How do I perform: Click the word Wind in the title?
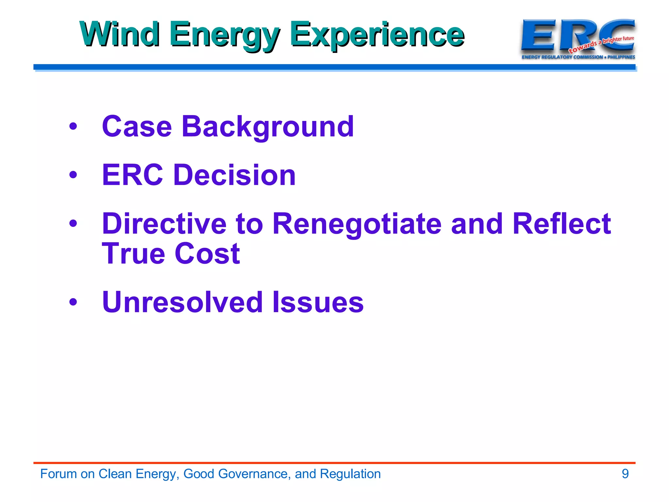pyautogui.click(x=120, y=34)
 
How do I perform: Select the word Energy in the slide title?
pyautogui.click(x=224, y=35)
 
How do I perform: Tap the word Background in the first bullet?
pyautogui.click(x=268, y=127)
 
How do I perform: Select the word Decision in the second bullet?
pyautogui.click(x=234, y=175)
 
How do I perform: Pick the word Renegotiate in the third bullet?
pyautogui.click(x=357, y=224)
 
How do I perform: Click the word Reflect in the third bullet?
pyautogui.click(x=561, y=224)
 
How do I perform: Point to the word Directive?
pyautogui.click(x=164, y=224)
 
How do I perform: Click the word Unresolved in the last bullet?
pyautogui.click(x=183, y=302)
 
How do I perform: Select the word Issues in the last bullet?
pyautogui.click(x=318, y=302)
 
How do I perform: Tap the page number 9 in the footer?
pyautogui.click(x=625, y=474)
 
